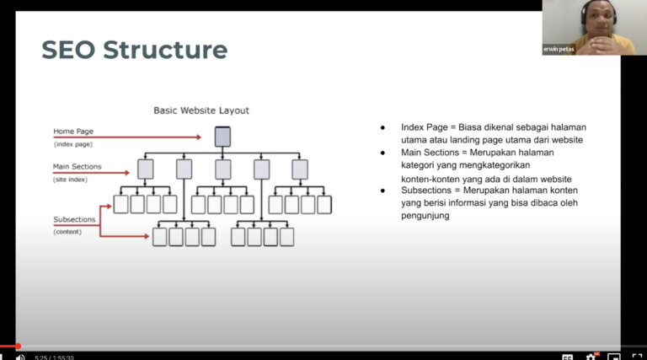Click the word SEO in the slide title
click(x=68, y=50)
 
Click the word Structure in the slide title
click(x=165, y=50)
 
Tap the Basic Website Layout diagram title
click(x=201, y=110)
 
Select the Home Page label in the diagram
click(x=73, y=132)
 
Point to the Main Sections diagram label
click(x=78, y=166)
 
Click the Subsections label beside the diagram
click(x=74, y=219)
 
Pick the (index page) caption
click(x=73, y=144)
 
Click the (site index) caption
click(x=70, y=180)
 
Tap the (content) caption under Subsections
click(x=67, y=232)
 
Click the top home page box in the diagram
click(x=222, y=137)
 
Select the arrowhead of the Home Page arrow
click(x=199, y=137)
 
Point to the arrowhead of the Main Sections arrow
click(x=127, y=173)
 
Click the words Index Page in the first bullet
click(x=425, y=127)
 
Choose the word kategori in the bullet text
click(x=417, y=165)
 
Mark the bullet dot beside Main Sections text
click(x=383, y=153)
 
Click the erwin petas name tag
click(x=559, y=49)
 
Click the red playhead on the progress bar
click(x=18, y=346)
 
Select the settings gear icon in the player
click(x=591, y=357)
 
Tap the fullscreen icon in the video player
click(x=637, y=357)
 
